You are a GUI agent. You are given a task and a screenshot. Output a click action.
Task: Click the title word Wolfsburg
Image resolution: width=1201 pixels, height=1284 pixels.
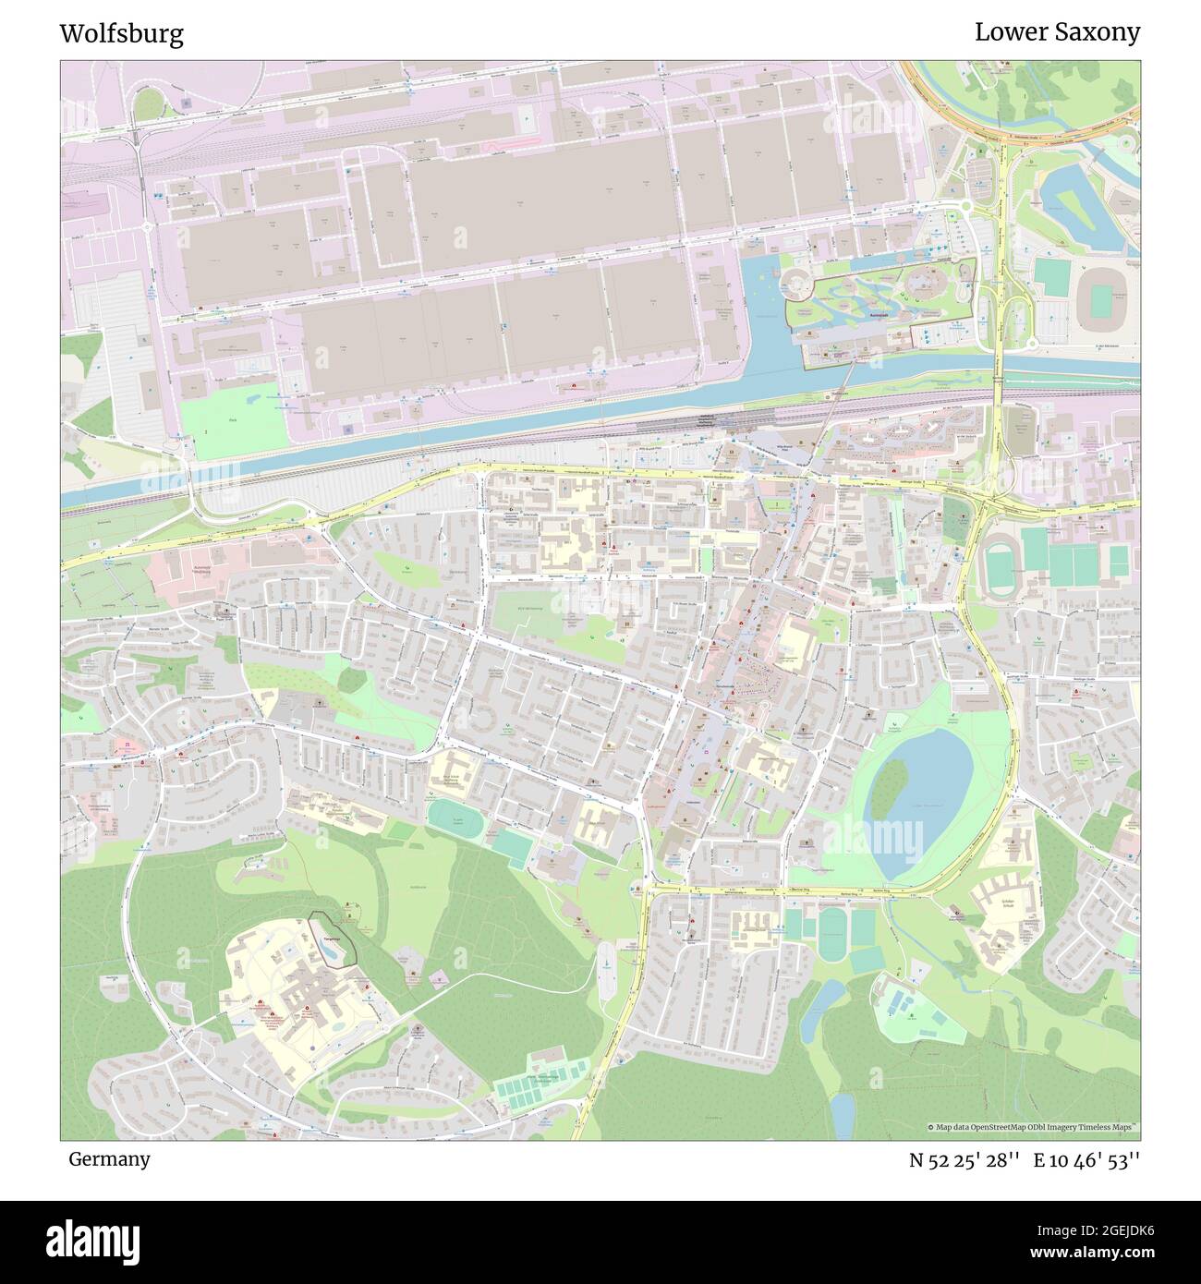click(x=121, y=34)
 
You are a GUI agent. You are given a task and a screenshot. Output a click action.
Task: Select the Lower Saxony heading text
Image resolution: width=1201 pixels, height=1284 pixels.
click(x=1057, y=32)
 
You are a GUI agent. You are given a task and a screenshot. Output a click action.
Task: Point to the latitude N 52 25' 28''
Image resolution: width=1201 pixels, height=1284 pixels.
click(x=964, y=1159)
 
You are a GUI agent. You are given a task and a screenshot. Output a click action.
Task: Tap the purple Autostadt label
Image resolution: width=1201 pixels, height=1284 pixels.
click(x=843, y=314)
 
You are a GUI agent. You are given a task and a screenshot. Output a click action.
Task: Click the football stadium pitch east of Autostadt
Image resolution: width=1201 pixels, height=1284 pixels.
click(x=1099, y=300)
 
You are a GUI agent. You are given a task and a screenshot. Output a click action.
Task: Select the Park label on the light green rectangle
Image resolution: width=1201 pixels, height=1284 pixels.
click(x=232, y=418)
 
